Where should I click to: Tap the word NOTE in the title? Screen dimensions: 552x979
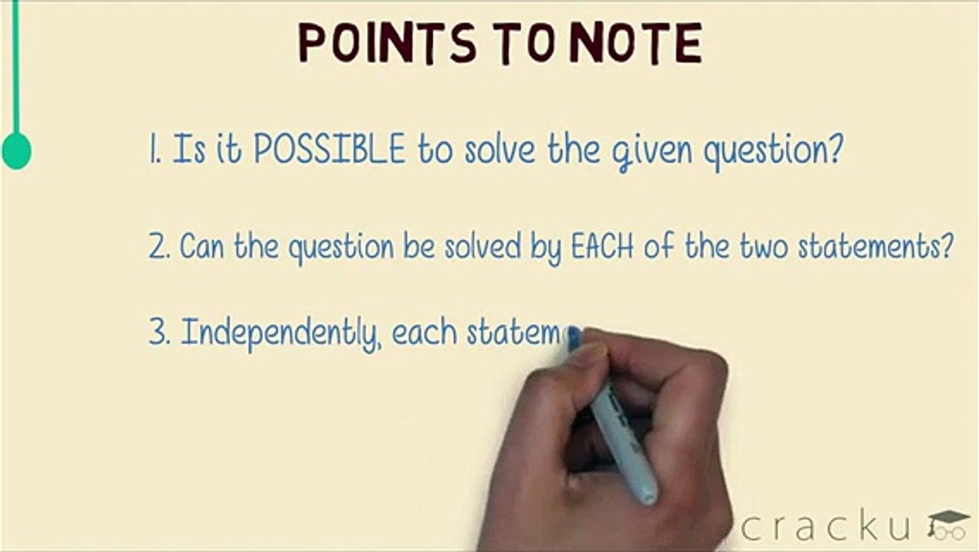tap(635, 44)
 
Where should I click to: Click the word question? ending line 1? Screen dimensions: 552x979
tap(774, 149)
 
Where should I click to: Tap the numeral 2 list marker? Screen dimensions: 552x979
tap(159, 248)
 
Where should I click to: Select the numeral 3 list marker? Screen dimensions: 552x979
tap(159, 334)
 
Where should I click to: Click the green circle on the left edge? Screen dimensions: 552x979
tap(16, 150)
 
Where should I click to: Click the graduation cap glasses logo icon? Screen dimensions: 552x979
tap(948, 524)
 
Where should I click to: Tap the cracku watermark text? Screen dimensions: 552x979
tap(827, 527)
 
